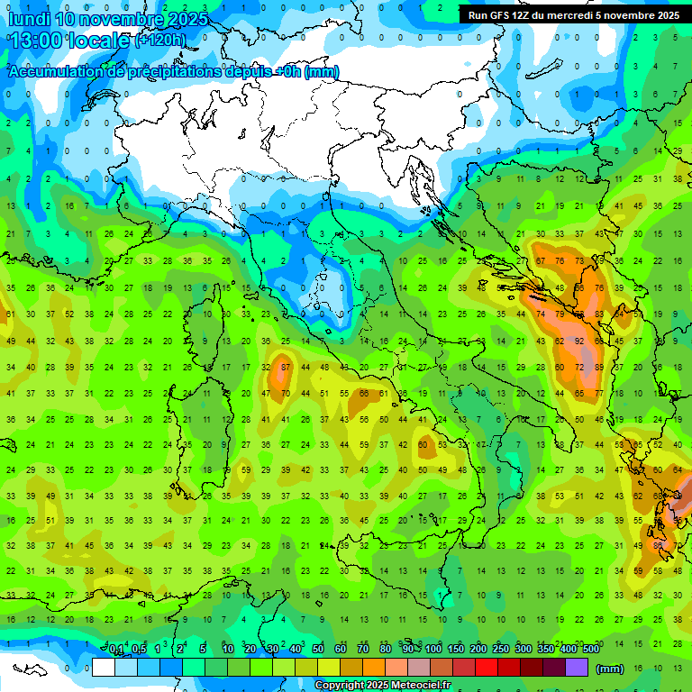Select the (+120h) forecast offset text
pos(159,40)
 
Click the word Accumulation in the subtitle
pos(54,72)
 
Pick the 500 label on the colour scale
pos(590,650)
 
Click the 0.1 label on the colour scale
pos(116,650)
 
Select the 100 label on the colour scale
pos(432,650)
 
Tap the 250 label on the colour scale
pos(500,650)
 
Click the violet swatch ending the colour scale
pos(577,667)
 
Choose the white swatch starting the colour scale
pos(104,667)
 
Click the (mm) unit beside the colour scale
pos(610,669)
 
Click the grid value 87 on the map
pos(285,367)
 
